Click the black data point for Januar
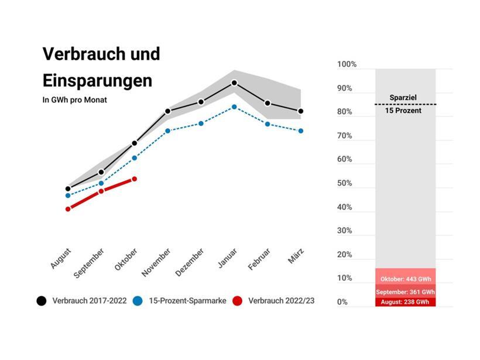tap(234, 83)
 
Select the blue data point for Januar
tap(234, 107)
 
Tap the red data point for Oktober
tap(135, 179)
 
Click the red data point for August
tap(68, 209)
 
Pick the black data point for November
tap(167, 111)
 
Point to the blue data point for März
tap(301, 131)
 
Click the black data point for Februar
tap(268, 104)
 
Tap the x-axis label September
tap(90, 263)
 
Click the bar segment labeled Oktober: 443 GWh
tap(406, 279)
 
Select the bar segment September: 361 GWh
tap(406, 292)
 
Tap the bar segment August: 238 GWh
tap(406, 302)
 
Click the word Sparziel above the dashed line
tap(405, 98)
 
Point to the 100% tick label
tap(347, 64)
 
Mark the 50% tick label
tap(345, 183)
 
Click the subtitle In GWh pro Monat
tap(75, 100)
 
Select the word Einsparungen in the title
tap(97, 80)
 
